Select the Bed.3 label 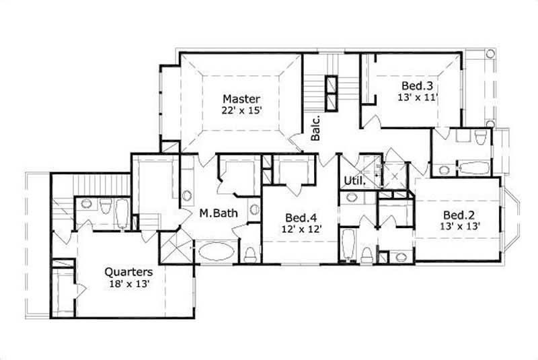(417, 86)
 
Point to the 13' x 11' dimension (417, 97)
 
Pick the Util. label (354, 180)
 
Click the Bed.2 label (457, 215)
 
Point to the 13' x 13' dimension (457, 226)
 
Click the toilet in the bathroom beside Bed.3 (479, 138)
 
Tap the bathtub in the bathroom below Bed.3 (471, 168)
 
